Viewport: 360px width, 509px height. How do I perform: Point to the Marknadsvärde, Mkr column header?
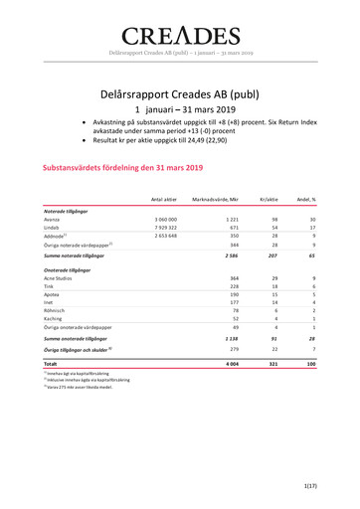[x=216, y=200]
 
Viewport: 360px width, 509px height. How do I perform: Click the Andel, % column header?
[x=304, y=200]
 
